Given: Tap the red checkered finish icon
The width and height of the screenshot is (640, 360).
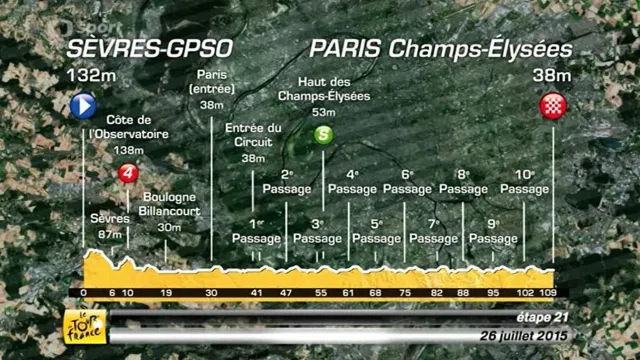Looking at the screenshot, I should click(x=551, y=104).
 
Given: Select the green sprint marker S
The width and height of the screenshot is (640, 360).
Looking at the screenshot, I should click(x=323, y=134).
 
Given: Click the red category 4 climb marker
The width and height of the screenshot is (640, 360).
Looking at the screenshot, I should click(x=127, y=175).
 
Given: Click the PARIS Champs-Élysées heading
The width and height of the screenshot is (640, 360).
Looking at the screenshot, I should click(x=440, y=49).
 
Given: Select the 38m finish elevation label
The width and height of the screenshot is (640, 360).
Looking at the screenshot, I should click(x=551, y=75).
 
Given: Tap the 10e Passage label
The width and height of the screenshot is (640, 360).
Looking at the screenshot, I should click(x=525, y=181).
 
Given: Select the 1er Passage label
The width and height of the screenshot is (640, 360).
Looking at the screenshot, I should click(x=256, y=231).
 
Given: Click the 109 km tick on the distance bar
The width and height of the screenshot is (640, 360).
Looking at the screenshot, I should click(x=548, y=292).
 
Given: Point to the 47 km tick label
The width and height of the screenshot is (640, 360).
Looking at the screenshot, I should click(x=286, y=292).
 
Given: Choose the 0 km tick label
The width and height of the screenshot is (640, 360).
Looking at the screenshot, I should click(x=83, y=292).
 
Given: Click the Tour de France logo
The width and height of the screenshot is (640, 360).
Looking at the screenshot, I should click(x=83, y=325).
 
